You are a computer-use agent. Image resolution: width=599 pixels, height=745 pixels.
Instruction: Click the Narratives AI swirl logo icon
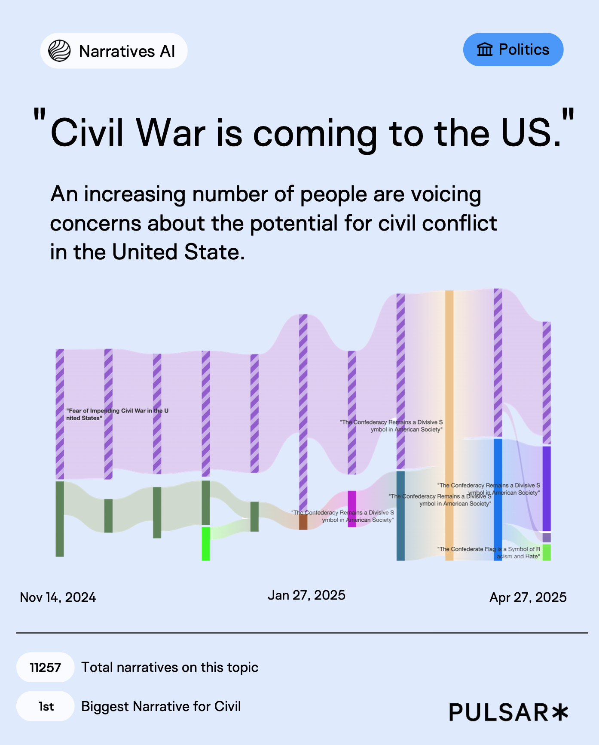click(x=59, y=51)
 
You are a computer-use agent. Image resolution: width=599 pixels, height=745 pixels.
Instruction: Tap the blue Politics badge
click(x=513, y=50)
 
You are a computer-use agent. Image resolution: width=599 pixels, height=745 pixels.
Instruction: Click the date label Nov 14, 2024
click(x=58, y=597)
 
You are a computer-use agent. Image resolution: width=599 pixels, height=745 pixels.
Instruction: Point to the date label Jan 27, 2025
click(x=306, y=595)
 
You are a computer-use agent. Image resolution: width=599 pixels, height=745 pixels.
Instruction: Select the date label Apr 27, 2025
click(x=528, y=597)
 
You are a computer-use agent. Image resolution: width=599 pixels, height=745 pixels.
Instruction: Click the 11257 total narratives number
click(x=45, y=668)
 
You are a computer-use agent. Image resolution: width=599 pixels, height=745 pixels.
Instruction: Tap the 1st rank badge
click(x=46, y=706)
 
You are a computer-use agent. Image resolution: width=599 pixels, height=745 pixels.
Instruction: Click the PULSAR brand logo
click(x=509, y=712)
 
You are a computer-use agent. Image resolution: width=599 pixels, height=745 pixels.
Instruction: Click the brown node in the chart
click(x=303, y=522)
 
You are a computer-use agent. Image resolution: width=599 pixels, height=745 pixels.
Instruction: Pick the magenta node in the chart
click(x=352, y=509)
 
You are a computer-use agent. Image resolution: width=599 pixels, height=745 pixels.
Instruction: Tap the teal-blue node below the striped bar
click(x=400, y=516)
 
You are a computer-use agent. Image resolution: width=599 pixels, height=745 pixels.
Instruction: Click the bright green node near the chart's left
click(x=206, y=544)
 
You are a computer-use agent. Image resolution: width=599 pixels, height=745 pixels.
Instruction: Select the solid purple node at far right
click(x=547, y=489)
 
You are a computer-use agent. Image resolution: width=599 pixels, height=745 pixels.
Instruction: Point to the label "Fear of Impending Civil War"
click(x=117, y=414)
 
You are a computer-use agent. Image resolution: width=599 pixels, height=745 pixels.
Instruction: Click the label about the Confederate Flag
click(x=489, y=553)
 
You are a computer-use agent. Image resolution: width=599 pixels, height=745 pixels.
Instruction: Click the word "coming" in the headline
click(x=315, y=133)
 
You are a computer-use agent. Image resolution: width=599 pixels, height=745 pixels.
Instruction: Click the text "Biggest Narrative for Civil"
click(x=161, y=706)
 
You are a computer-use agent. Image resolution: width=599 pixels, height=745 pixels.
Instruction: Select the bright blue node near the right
click(x=498, y=499)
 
